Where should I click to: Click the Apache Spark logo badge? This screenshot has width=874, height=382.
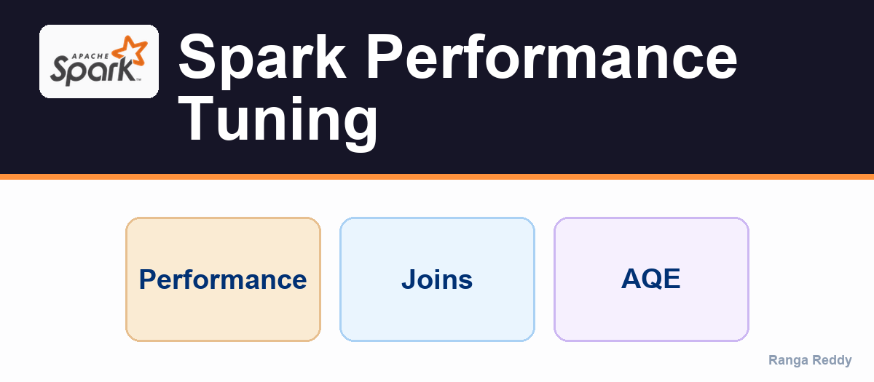coord(99,61)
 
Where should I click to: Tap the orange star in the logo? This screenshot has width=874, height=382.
coord(130,51)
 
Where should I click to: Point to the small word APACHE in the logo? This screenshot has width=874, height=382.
coord(91,56)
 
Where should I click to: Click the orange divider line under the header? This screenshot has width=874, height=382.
coord(437,177)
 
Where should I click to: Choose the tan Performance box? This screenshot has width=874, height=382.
coord(223,279)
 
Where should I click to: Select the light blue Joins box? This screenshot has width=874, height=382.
coord(437,279)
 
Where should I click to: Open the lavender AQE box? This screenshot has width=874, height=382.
coord(651,279)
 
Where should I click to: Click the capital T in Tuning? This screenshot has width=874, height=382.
coord(196,118)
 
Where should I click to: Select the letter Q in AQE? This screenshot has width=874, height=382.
coord(652,279)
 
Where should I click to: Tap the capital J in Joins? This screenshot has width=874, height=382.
coord(409,279)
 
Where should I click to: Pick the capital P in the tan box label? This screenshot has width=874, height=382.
coord(148,279)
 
